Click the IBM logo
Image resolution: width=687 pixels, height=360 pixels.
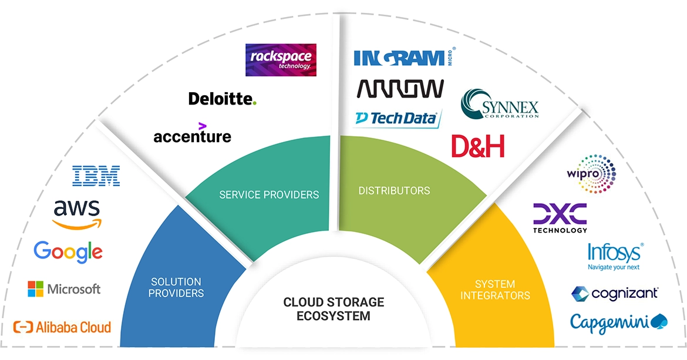96,176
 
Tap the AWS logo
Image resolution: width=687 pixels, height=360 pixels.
76,214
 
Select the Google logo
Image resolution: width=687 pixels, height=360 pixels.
68,251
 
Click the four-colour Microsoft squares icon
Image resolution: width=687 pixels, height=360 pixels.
35,289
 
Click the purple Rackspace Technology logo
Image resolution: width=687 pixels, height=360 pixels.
281,60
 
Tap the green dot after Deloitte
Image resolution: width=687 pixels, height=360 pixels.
254,103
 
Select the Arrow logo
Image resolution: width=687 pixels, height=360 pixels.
400,89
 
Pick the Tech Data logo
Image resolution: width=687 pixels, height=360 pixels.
396,118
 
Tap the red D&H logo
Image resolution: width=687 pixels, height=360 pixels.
478,146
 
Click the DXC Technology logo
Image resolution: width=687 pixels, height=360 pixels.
560,218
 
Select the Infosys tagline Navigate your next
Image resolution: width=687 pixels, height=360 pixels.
614,267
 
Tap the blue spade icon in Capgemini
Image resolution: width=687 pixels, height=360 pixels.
660,321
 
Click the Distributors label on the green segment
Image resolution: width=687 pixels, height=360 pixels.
394,191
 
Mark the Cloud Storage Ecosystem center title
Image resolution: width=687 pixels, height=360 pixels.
334,309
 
